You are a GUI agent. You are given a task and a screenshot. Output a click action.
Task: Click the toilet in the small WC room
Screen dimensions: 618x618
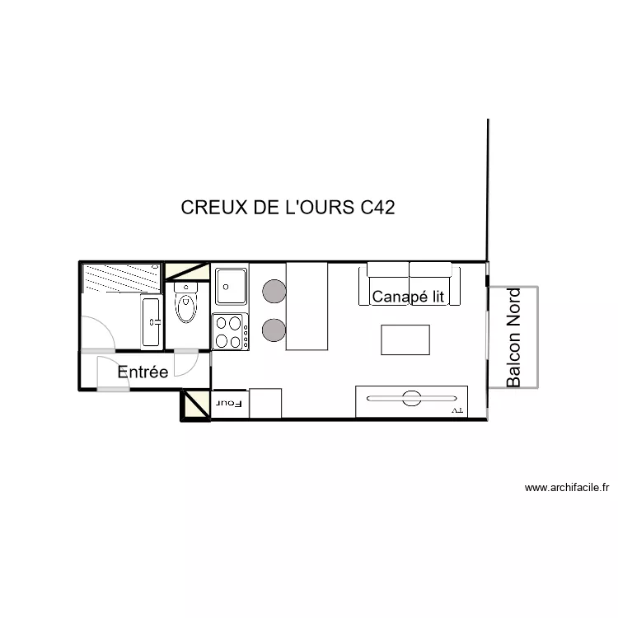coord(187,306)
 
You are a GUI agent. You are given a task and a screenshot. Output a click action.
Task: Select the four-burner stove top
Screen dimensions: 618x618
coord(231,331)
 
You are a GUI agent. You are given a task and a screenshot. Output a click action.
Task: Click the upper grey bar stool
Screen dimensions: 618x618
coord(274,289)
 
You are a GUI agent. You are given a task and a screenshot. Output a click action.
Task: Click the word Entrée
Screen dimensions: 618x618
coord(143,372)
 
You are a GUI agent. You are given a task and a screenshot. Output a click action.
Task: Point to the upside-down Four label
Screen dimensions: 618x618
coord(230,403)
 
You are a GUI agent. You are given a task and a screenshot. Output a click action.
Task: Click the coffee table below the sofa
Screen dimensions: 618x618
coord(405,340)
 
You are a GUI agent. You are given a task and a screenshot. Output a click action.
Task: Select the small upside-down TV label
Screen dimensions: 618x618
coord(458,410)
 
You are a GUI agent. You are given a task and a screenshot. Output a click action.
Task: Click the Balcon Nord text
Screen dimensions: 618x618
coord(514,337)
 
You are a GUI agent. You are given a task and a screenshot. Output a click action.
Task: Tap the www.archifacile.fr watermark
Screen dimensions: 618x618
coord(566,488)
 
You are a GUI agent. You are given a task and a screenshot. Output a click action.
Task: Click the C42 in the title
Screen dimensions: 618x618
coord(377,208)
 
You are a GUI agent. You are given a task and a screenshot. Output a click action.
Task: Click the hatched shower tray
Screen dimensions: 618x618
coord(121,276)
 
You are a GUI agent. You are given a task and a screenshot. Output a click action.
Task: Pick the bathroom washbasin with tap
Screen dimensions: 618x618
coord(152,321)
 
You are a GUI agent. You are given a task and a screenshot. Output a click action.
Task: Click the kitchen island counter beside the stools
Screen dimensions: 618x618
coord(307,306)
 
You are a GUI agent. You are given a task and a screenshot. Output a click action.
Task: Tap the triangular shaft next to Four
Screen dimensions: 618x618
coord(196,405)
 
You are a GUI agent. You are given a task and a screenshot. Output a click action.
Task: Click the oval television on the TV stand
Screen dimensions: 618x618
coord(410,400)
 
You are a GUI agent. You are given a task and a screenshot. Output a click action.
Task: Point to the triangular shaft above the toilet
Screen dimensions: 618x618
coord(187,270)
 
